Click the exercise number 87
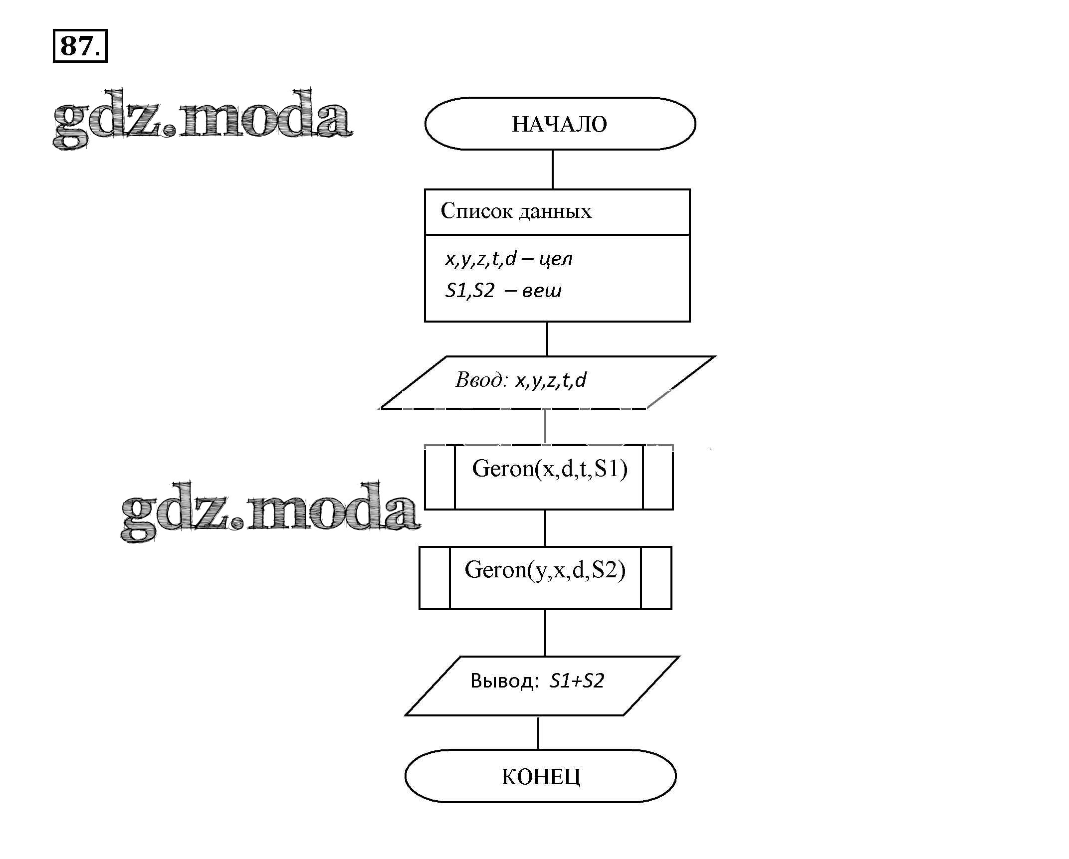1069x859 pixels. tap(77, 46)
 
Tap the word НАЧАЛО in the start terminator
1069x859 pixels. tap(559, 124)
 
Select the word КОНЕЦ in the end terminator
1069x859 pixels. tap(541, 776)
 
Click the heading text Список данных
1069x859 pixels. tap(516, 211)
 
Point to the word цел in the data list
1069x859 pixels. tap(556, 259)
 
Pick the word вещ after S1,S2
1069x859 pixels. tap(541, 291)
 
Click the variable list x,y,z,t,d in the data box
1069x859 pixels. tap(480, 259)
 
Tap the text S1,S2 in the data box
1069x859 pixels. tap(469, 291)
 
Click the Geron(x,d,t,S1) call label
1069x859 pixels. tap(549, 469)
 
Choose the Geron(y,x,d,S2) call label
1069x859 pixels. tap(545, 570)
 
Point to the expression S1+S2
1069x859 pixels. tap(577, 681)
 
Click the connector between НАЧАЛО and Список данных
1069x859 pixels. tap(553, 170)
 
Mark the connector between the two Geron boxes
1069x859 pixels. tap(545, 528)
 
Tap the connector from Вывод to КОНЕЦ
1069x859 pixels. tap(538, 732)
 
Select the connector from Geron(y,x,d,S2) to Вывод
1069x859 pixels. tap(545, 633)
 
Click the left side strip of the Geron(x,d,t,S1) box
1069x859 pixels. tap(439, 477)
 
